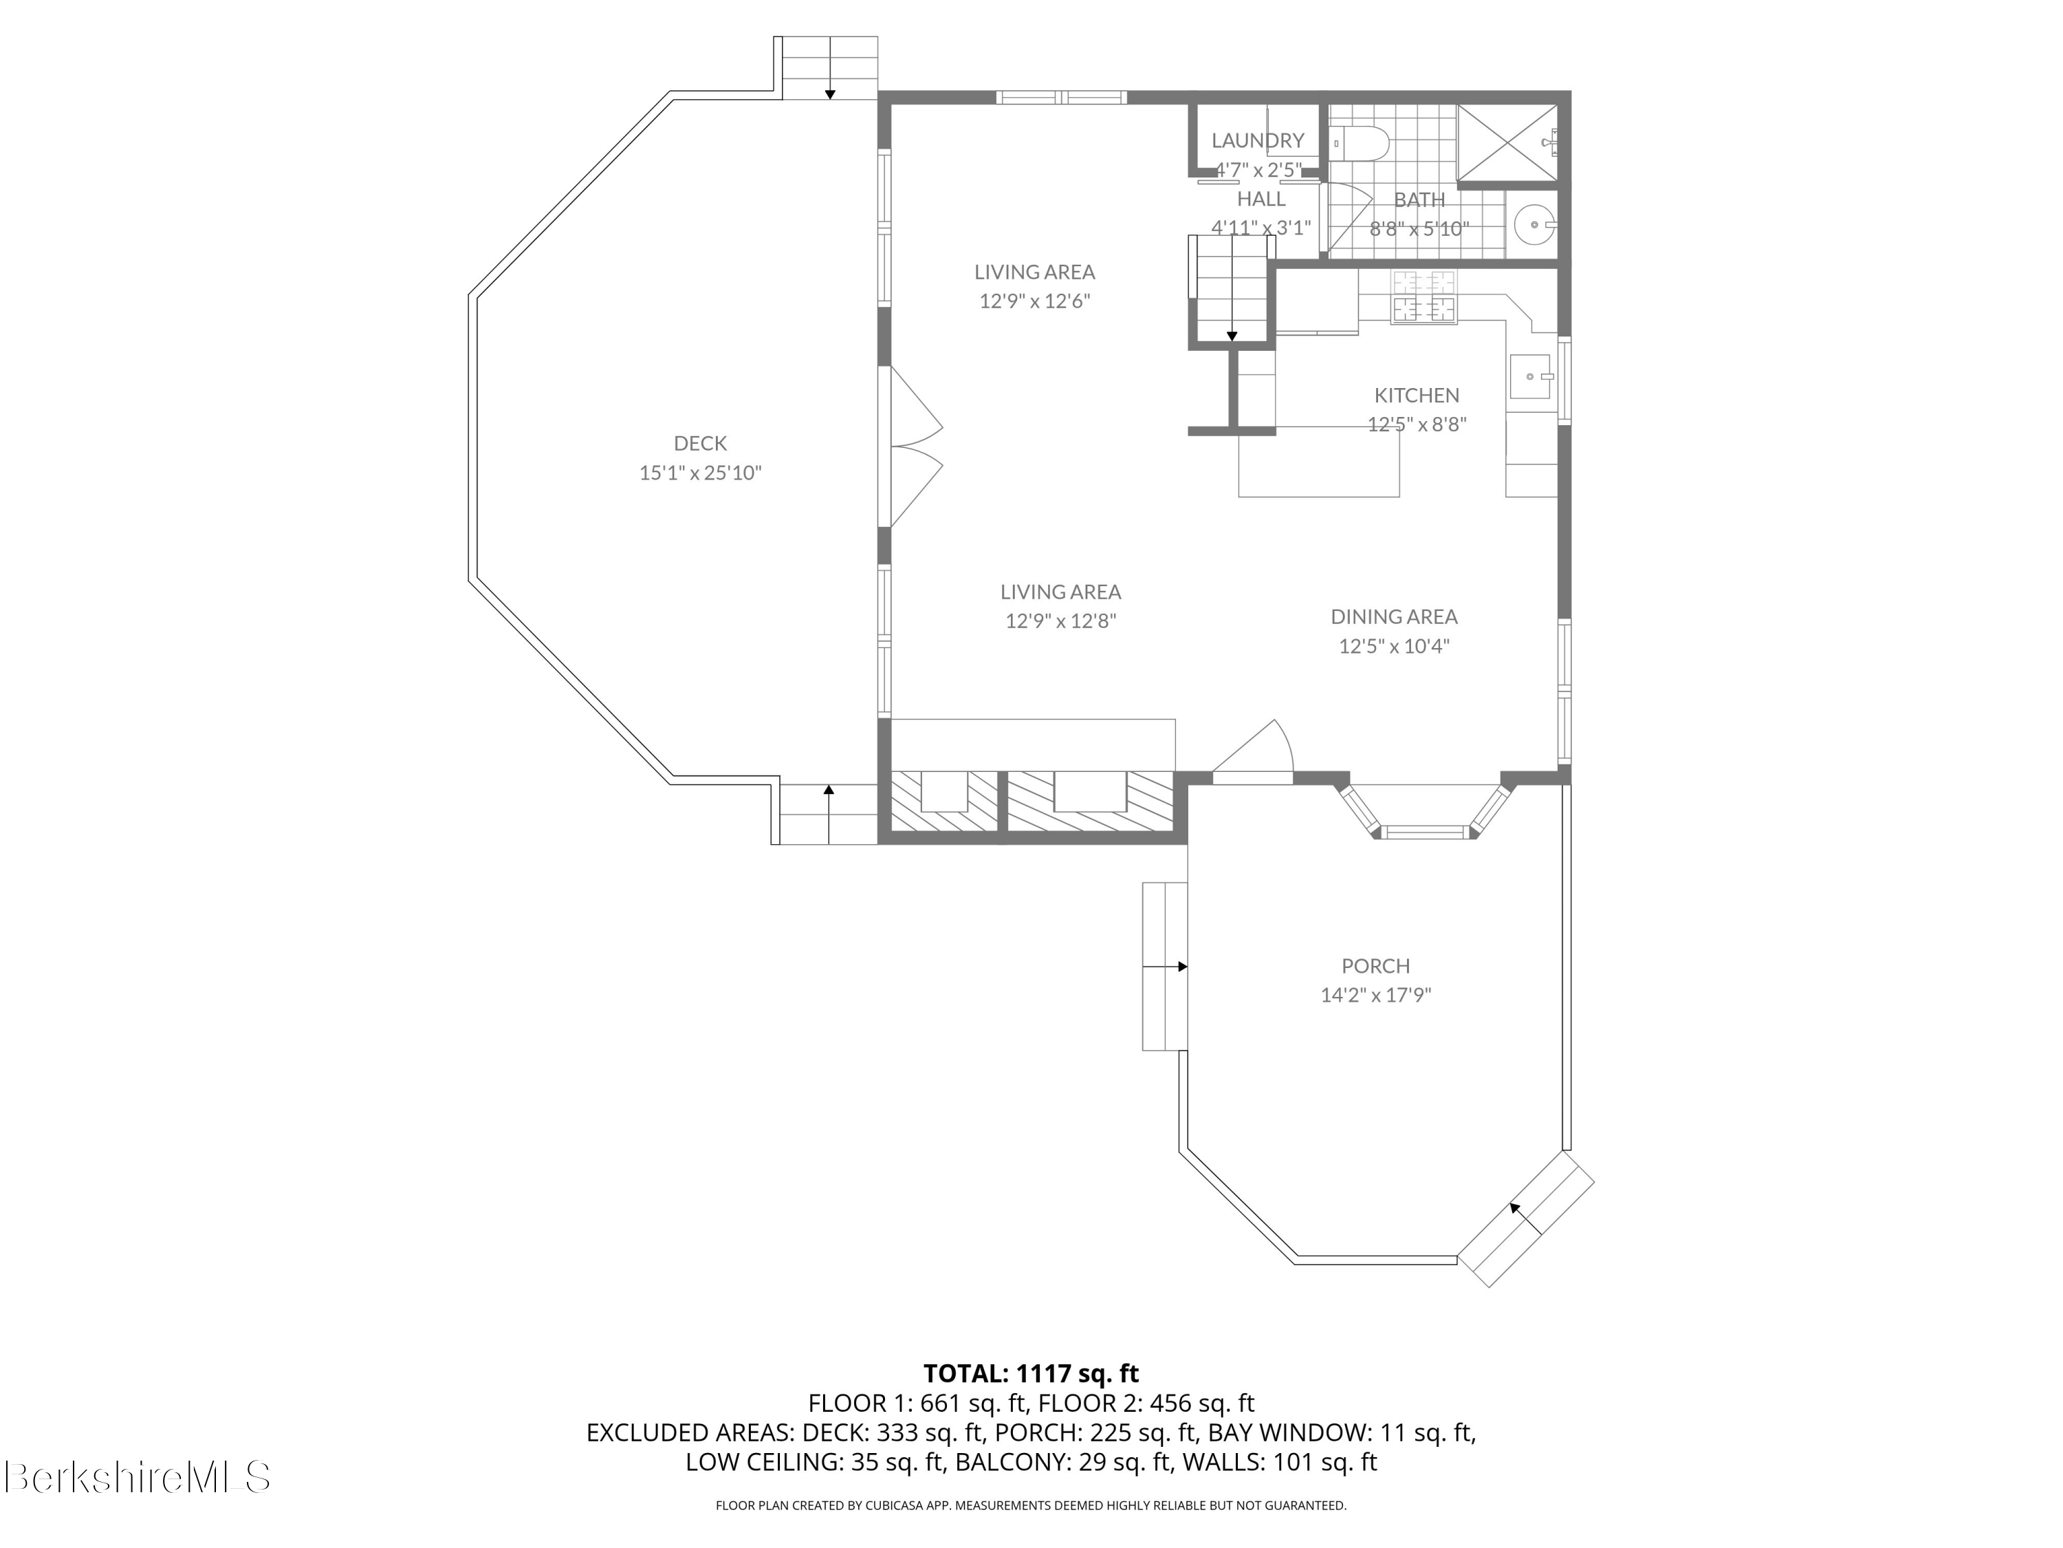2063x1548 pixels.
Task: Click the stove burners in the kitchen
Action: click(1423, 296)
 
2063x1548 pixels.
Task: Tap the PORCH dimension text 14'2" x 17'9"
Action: click(1375, 995)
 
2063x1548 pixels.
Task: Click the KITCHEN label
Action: click(1417, 395)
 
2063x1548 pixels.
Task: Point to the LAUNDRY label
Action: click(1257, 140)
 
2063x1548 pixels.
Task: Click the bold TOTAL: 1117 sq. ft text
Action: click(1031, 1373)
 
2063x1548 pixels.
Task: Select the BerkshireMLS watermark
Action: click(137, 1477)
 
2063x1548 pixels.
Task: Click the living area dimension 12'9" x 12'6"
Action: click(1034, 301)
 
